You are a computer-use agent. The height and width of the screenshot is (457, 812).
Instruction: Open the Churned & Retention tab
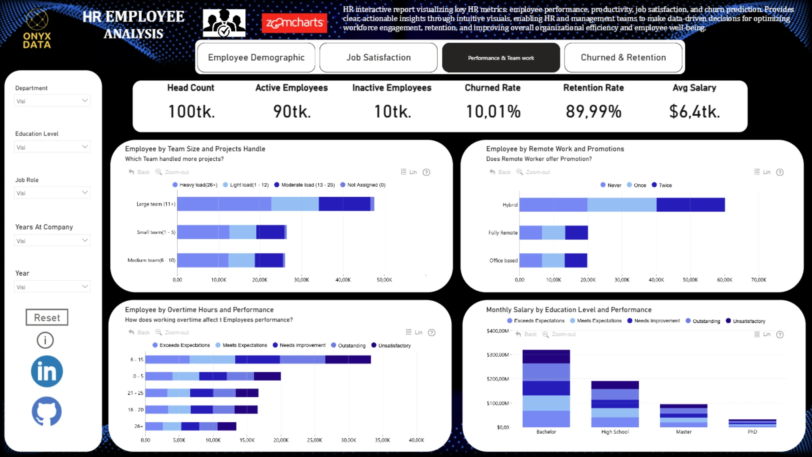tap(623, 58)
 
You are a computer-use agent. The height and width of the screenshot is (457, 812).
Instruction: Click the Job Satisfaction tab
tap(379, 58)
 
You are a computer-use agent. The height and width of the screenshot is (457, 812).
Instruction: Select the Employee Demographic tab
tap(256, 58)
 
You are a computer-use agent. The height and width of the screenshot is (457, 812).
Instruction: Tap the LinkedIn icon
tap(47, 372)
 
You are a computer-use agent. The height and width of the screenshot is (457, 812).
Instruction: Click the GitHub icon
tap(47, 411)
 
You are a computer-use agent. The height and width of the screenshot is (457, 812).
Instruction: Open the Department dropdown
tap(52, 101)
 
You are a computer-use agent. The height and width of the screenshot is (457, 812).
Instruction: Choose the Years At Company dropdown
tap(52, 240)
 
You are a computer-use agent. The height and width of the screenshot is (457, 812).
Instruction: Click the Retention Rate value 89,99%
tap(593, 112)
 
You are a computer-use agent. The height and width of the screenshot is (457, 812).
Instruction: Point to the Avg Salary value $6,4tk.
tap(694, 112)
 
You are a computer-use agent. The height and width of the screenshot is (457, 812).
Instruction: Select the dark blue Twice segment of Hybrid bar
tap(690, 205)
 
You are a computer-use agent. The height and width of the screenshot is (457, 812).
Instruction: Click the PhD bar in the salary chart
tap(752, 423)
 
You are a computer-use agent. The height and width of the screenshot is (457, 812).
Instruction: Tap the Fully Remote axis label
tap(503, 233)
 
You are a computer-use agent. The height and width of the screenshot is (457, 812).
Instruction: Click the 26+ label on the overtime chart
tap(139, 426)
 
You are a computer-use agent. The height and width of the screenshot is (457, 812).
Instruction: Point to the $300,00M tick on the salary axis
tap(498, 355)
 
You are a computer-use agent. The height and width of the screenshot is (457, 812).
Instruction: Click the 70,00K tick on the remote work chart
tap(758, 280)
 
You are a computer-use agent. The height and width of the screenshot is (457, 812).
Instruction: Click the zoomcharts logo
tap(294, 23)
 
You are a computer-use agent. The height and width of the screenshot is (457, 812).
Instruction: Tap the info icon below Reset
tap(45, 340)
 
